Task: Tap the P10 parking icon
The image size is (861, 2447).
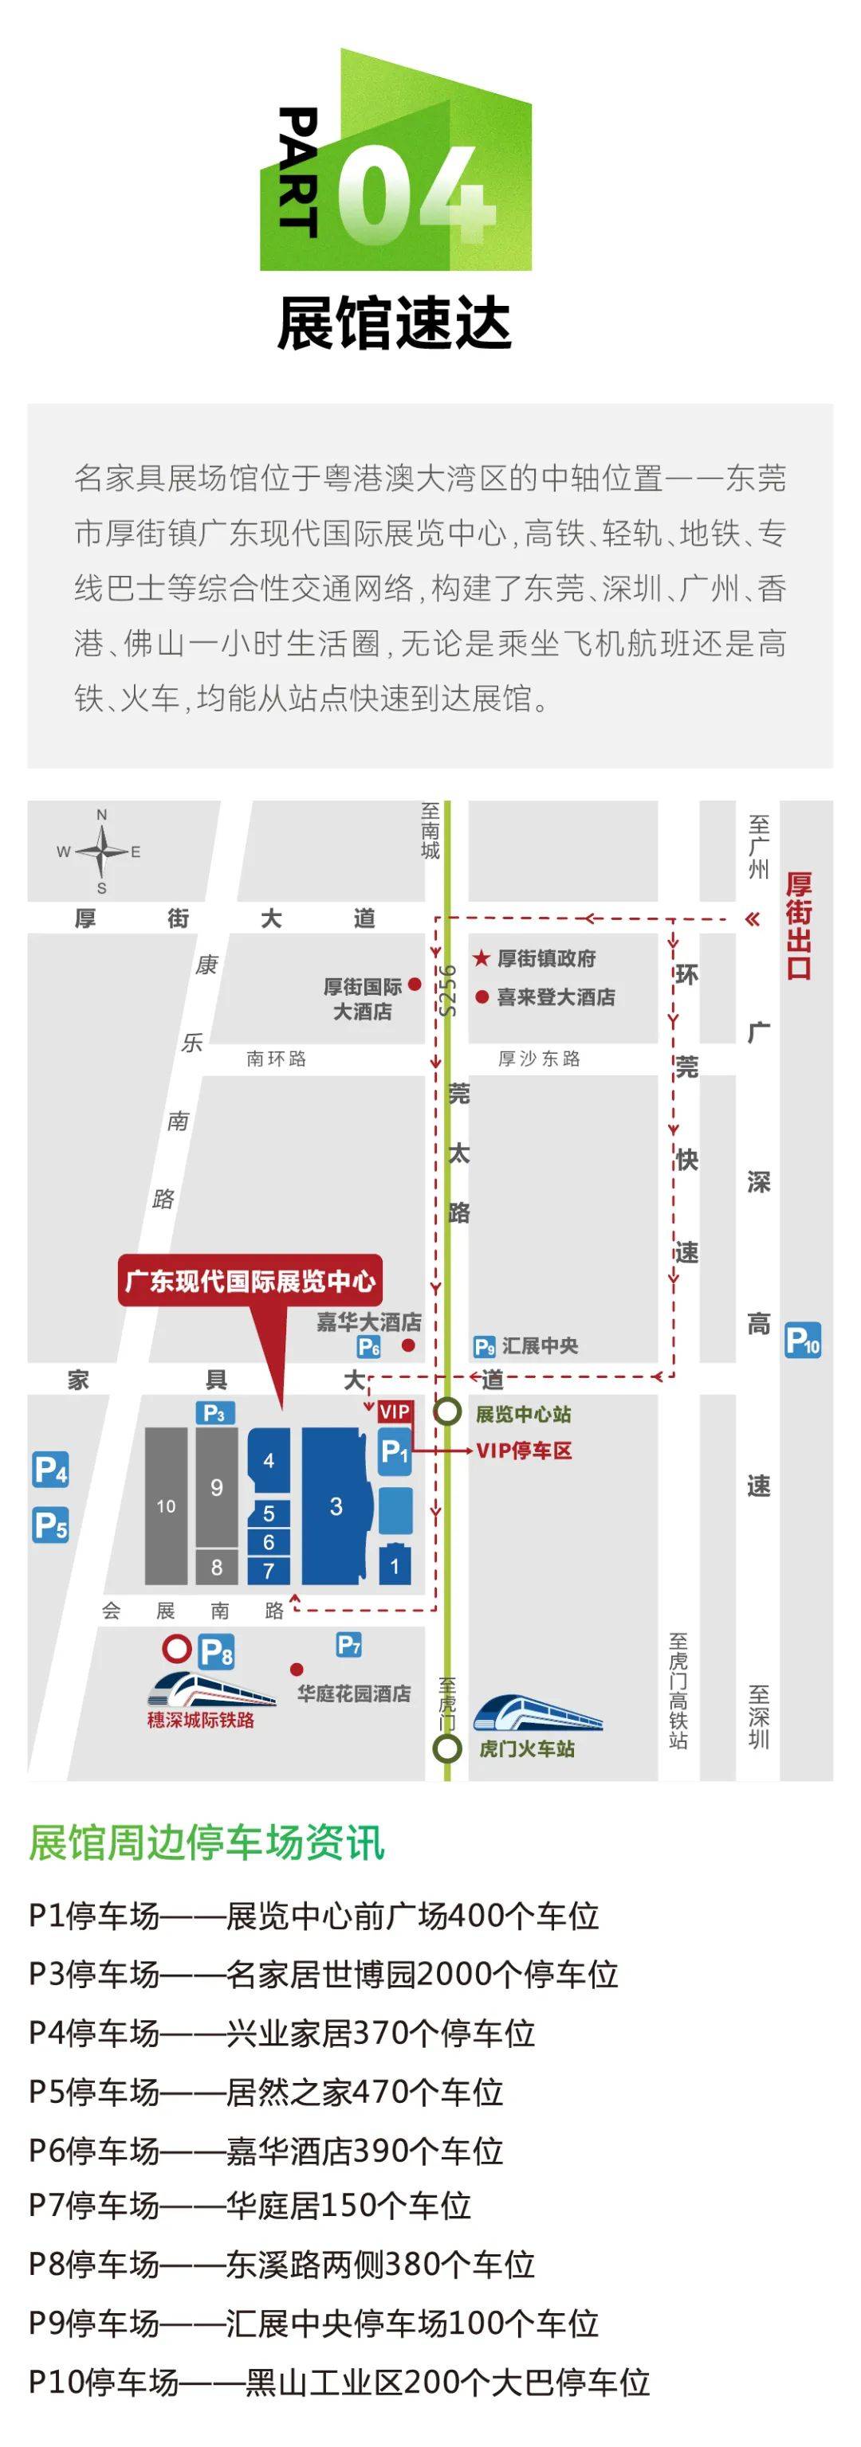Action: (x=802, y=1341)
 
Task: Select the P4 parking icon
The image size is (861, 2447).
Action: (x=50, y=1470)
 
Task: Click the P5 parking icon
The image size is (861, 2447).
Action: (x=50, y=1525)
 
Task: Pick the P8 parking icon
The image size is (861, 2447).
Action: (x=217, y=1652)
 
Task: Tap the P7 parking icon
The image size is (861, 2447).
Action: (x=348, y=1644)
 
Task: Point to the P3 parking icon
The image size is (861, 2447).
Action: (x=214, y=1412)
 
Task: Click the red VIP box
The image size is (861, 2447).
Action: (x=395, y=1411)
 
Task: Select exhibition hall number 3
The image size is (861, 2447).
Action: (x=336, y=1505)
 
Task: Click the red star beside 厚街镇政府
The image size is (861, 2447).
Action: (x=482, y=958)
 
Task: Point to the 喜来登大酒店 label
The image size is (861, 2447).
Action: (x=556, y=996)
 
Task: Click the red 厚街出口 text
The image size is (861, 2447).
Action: (x=798, y=926)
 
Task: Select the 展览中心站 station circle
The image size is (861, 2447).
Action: (x=447, y=1411)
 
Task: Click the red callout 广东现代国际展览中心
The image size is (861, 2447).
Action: (x=251, y=1282)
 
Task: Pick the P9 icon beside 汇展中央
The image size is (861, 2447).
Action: (x=484, y=1346)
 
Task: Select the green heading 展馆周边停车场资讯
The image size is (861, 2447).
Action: (x=206, y=1843)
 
